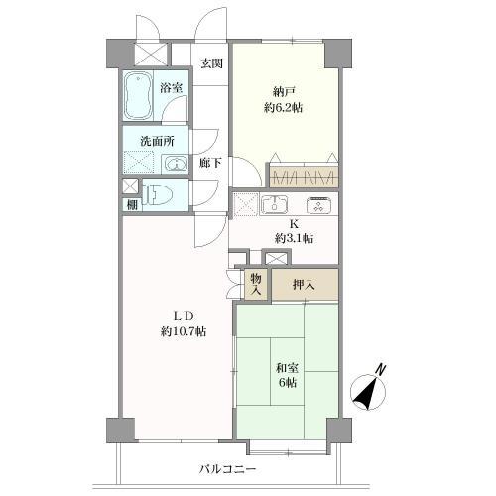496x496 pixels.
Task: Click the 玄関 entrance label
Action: pyautogui.click(x=210, y=64)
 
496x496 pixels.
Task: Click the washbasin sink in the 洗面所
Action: pyautogui.click(x=174, y=164)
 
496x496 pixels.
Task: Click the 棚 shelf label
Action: pyautogui.click(x=131, y=205)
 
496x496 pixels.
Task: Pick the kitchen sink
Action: pyautogui.click(x=274, y=206)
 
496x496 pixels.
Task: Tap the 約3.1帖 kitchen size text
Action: pyautogui.click(x=294, y=239)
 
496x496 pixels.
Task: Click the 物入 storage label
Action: pyautogui.click(x=255, y=285)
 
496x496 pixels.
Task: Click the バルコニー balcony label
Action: pyautogui.click(x=228, y=468)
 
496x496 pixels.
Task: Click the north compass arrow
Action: pyautogui.click(x=369, y=394)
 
